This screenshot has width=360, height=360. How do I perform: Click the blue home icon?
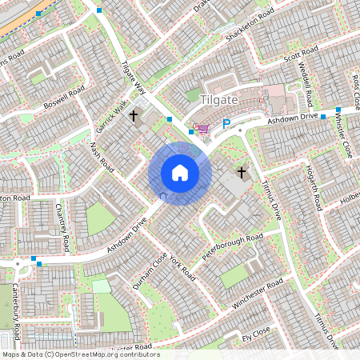coord(180,173)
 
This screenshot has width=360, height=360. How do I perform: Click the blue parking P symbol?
coord(226,124)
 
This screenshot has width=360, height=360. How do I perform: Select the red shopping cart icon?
coord(203,128)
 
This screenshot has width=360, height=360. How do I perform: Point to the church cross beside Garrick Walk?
coord(134,115)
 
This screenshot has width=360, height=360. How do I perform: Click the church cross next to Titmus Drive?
coord(241,172)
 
